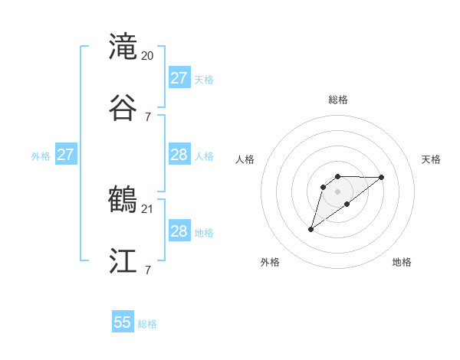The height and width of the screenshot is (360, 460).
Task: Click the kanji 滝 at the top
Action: point(123,47)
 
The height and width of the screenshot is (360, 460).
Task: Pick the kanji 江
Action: point(123,260)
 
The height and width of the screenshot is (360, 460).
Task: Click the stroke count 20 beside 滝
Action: point(148,56)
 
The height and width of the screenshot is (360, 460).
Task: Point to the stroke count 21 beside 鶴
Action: point(148,209)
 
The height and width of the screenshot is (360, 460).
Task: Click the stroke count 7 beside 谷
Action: point(148,116)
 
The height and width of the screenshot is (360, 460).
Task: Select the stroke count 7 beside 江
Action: point(148,270)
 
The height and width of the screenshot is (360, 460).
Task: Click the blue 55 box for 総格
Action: point(123,322)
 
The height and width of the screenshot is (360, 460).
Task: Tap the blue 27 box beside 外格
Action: point(66,155)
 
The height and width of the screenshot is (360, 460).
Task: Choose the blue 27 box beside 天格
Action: point(179,78)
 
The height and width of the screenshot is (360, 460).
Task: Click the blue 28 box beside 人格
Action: point(179,155)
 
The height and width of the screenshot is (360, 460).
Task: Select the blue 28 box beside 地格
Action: point(179,231)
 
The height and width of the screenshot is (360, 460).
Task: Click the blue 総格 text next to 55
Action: point(147,324)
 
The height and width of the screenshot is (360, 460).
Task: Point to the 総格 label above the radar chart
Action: point(337,100)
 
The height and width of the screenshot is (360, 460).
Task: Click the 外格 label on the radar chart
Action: point(270,262)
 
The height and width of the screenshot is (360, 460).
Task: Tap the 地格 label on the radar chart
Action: point(402,262)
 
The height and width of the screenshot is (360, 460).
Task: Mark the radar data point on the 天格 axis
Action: point(382,177)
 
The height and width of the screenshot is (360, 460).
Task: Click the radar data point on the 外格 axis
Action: point(310,228)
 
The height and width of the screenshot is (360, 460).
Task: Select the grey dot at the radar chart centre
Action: point(337,191)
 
